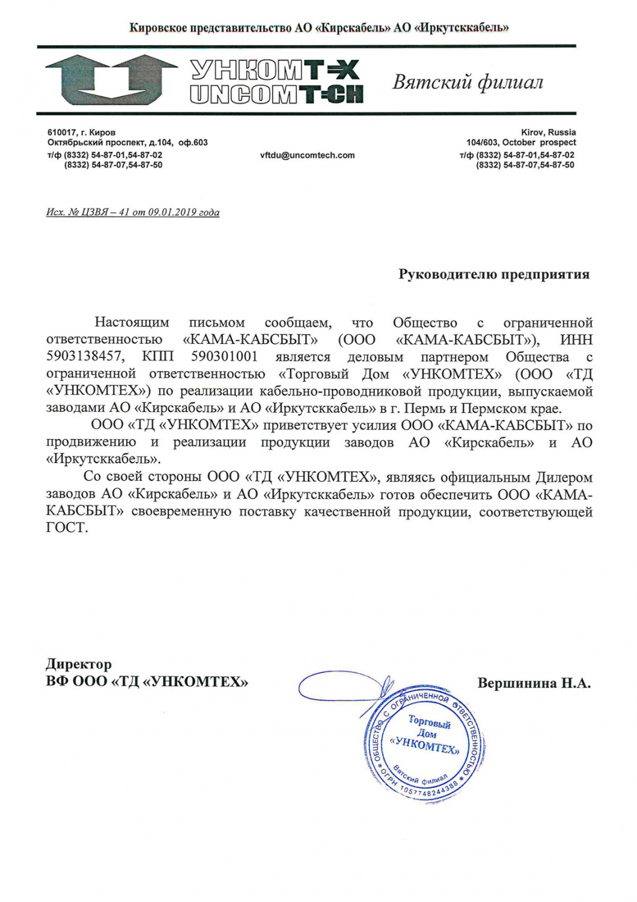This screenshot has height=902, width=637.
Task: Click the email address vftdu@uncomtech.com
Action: [307, 155]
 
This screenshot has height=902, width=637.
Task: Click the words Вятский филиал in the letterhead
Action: [468, 82]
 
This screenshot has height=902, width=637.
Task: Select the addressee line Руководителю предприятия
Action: [494, 275]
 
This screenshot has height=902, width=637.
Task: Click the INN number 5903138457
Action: [85, 357]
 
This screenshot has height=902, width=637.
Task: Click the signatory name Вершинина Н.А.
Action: [534, 683]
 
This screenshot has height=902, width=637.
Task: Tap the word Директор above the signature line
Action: [79, 664]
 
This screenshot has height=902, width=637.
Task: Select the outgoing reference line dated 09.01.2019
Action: [133, 212]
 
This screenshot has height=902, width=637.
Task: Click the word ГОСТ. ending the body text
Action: [67, 529]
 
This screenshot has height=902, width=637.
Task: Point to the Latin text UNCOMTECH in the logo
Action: [276, 95]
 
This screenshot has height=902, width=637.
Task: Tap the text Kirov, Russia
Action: [548, 132]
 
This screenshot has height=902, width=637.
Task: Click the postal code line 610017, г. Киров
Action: [82, 132]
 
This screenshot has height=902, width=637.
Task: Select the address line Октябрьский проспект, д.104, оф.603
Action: [127, 143]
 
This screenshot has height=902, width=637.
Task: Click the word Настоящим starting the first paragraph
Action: [132, 323]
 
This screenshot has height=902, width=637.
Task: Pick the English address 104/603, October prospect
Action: [521, 143]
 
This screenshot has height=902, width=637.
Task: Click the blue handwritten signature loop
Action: [343, 686]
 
